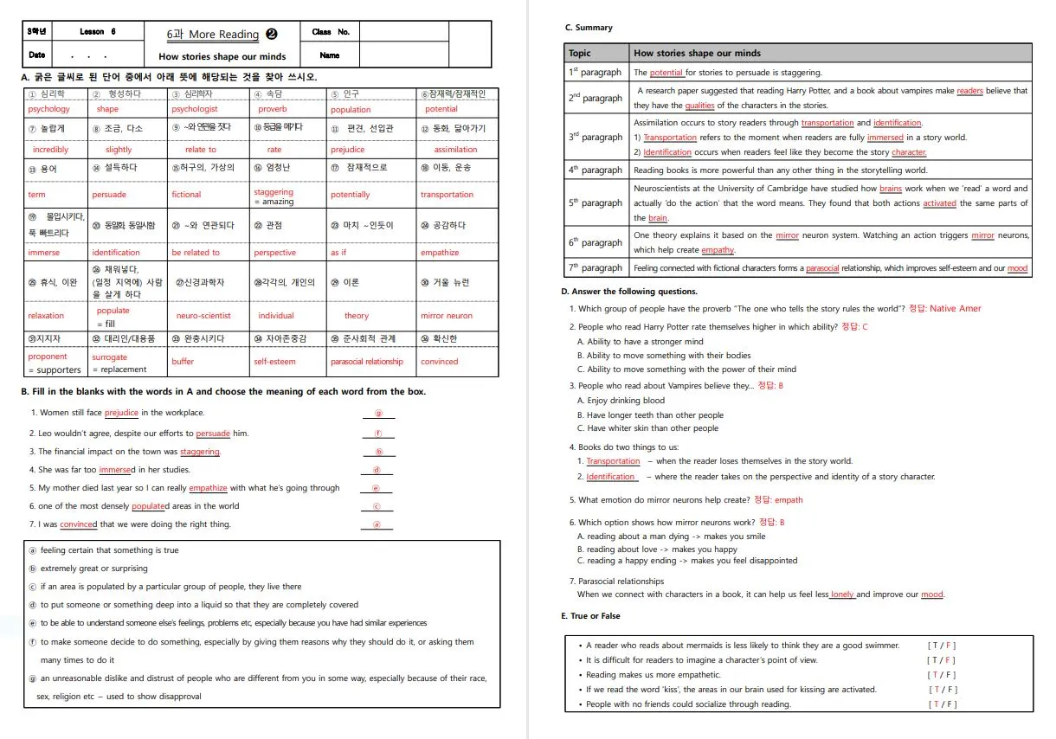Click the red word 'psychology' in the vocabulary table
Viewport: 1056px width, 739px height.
pos(48,109)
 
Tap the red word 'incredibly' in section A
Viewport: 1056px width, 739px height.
pos(50,150)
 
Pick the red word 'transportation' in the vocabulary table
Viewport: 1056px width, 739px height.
pos(447,195)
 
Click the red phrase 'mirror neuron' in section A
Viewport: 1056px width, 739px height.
pos(447,316)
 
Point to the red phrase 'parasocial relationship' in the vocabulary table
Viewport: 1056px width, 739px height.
pos(366,362)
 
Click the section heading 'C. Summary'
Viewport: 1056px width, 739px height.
pos(588,28)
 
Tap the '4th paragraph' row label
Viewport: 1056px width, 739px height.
pos(595,170)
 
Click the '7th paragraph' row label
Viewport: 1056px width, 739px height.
pos(595,268)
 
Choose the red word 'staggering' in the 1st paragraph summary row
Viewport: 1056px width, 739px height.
pos(666,73)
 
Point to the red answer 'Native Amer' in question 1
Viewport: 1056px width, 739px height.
pos(956,309)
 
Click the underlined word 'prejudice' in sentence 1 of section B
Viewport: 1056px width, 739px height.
pos(121,413)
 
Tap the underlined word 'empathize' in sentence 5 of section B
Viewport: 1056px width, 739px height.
pos(208,488)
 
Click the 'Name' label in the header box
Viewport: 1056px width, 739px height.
pos(329,55)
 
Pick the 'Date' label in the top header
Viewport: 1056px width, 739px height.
pos(36,55)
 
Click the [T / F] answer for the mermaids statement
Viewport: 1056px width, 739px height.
pos(942,646)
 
